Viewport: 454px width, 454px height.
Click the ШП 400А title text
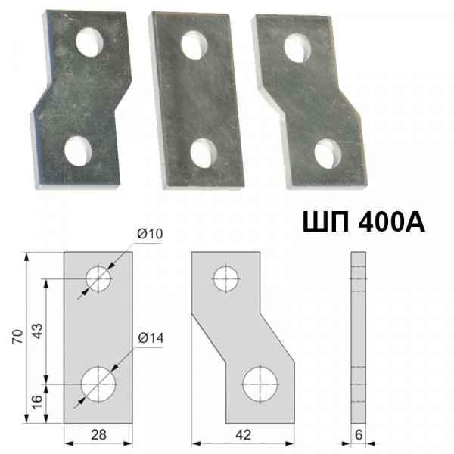[364, 222]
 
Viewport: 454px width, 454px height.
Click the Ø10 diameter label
[150, 234]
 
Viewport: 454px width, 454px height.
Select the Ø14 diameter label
[151, 338]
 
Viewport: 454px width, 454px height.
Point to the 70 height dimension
[17, 337]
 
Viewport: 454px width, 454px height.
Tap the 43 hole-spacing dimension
[37, 331]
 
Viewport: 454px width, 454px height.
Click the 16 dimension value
[37, 403]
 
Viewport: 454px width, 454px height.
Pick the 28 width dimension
[98, 434]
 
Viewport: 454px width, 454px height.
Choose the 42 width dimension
[243, 434]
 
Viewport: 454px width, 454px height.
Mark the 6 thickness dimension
[359, 434]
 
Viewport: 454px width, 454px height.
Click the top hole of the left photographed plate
[90, 42]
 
